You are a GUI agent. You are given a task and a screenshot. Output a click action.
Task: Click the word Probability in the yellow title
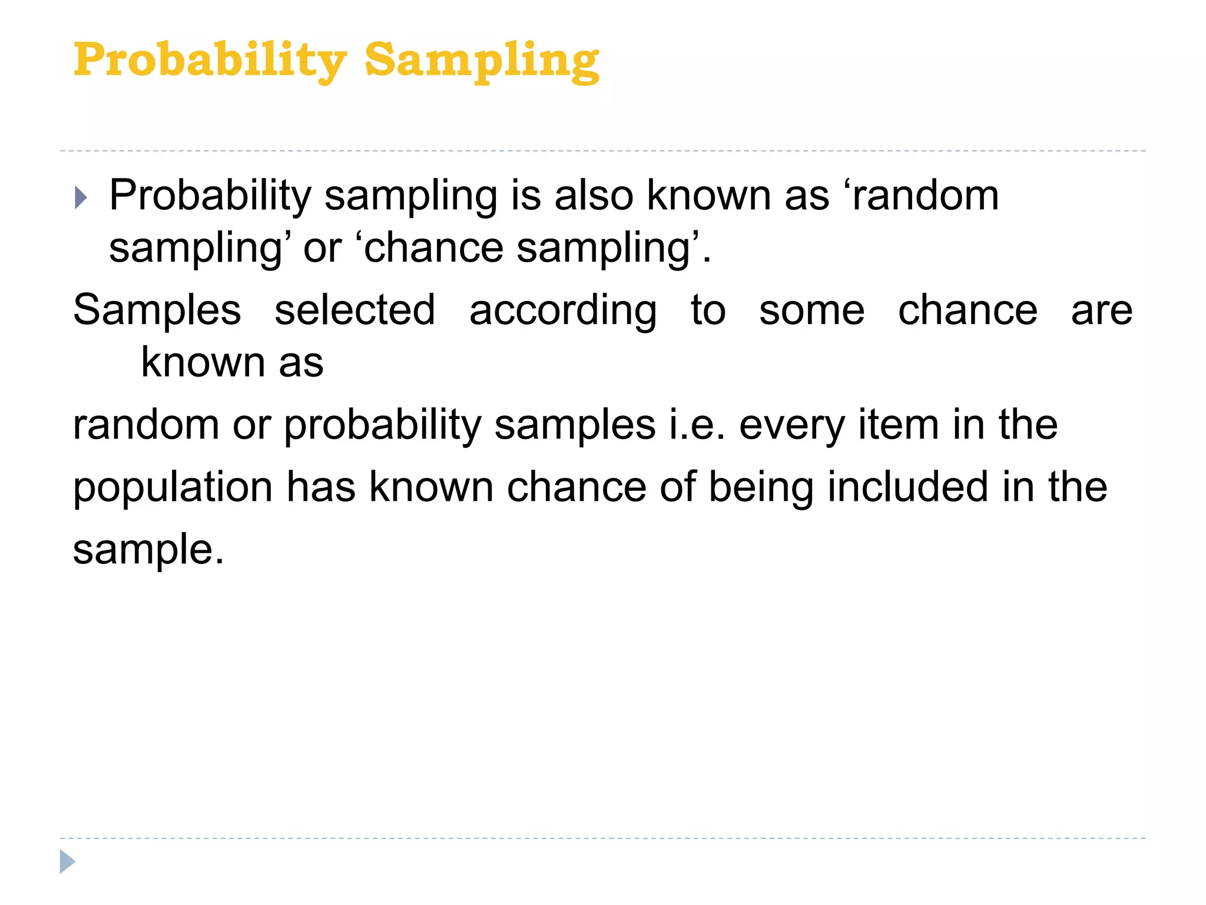(x=210, y=61)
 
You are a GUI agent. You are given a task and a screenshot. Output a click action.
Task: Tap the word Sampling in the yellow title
(x=482, y=61)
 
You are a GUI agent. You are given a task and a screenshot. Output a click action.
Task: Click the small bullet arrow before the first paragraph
(x=81, y=197)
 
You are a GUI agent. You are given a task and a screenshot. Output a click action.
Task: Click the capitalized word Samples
(x=157, y=311)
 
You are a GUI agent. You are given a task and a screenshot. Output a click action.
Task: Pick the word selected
(x=354, y=311)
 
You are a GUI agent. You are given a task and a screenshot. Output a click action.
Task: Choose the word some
(x=811, y=311)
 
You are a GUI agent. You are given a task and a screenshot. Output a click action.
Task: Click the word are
(x=1101, y=311)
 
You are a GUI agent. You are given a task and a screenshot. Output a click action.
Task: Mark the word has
(x=321, y=487)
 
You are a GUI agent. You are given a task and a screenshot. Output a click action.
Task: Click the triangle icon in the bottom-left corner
(x=67, y=861)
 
